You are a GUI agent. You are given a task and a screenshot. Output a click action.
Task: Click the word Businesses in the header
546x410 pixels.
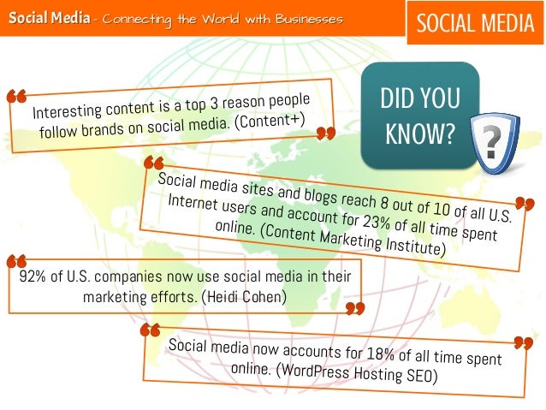click(309, 19)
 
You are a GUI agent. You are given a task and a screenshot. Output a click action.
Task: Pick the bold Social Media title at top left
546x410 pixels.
click(49, 19)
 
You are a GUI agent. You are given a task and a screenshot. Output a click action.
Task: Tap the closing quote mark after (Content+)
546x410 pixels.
click(324, 133)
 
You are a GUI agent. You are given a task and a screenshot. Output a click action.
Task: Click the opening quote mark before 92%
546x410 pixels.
click(15, 261)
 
